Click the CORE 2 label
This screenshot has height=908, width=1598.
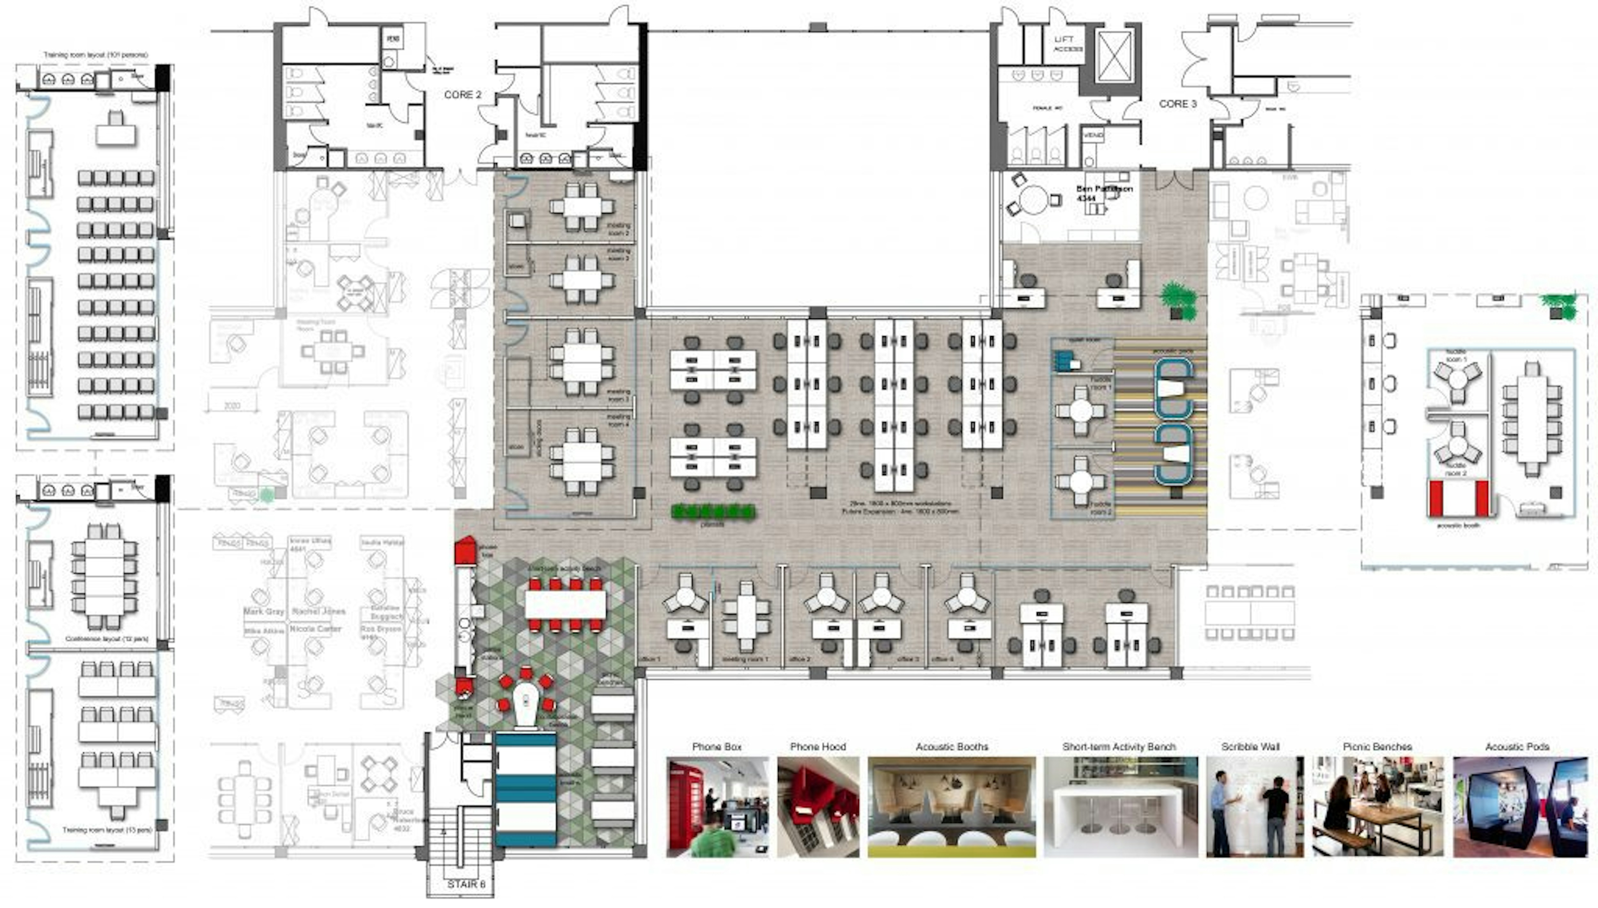coord(462,95)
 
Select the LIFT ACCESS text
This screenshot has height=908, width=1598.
coord(1067,44)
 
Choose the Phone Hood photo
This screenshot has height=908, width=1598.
coord(818,807)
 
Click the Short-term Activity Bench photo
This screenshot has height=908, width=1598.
coord(1120,807)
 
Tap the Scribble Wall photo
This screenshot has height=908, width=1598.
coord(1254,807)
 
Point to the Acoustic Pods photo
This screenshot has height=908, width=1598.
coord(1520,807)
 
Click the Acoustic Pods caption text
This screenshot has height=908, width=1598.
coord(1517,746)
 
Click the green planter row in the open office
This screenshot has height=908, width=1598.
coord(713,512)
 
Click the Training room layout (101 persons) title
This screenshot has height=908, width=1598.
coord(96,55)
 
